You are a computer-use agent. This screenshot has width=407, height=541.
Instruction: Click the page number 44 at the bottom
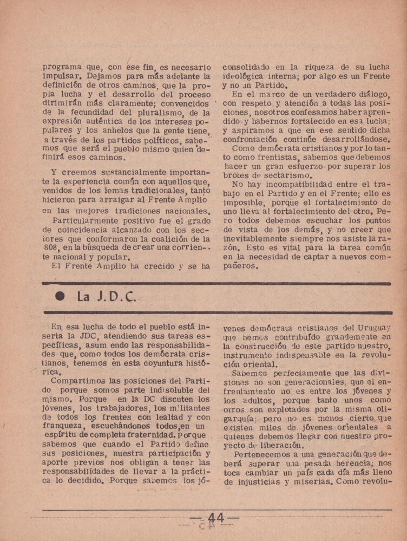coord(215,518)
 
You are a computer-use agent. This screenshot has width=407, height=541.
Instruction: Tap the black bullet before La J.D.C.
coord(60,297)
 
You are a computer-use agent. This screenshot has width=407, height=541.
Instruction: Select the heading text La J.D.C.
coord(107,297)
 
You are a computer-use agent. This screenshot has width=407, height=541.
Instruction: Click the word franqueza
coord(63,426)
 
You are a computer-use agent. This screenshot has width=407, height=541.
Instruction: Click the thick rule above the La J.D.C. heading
coord(216,283)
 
